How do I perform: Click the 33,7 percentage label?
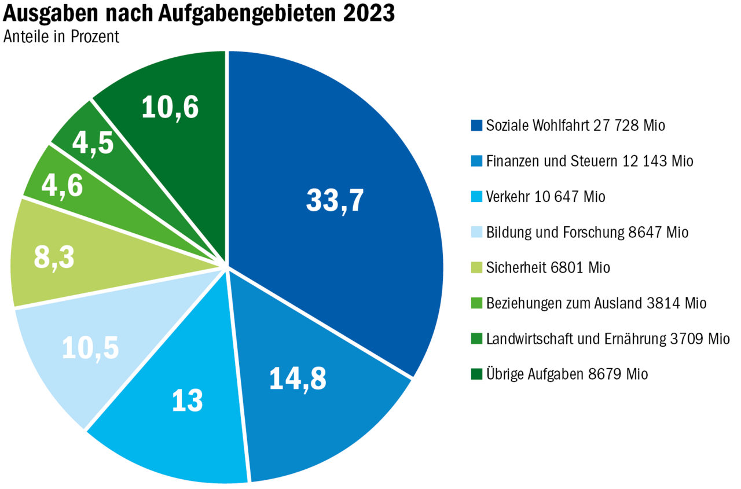[x=335, y=201]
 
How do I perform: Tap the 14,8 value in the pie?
[x=298, y=378]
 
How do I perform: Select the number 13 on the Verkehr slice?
[x=188, y=400]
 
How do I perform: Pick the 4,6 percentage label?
[x=61, y=187]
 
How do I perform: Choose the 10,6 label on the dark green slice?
[x=170, y=108]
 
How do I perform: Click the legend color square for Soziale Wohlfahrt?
[x=476, y=125]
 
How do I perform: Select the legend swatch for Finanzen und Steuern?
[x=476, y=161]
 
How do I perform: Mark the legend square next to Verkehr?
[x=476, y=197]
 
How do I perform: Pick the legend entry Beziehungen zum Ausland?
[x=596, y=303]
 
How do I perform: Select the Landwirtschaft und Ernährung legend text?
[x=608, y=339]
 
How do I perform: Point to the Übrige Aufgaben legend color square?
[x=476, y=374]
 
